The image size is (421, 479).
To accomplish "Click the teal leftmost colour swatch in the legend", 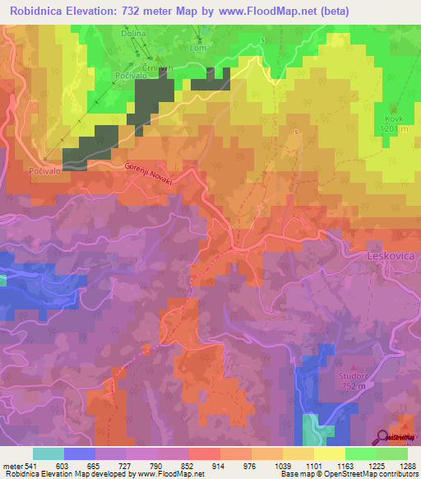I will tap(49, 453).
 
